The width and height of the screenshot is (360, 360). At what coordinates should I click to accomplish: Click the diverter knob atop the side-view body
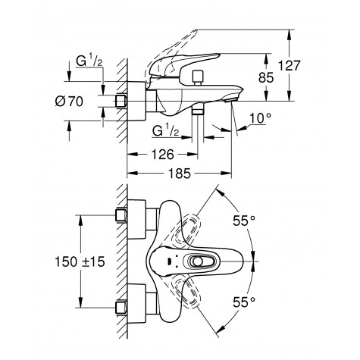[199, 76]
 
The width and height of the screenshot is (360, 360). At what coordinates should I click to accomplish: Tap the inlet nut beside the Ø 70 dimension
[122, 101]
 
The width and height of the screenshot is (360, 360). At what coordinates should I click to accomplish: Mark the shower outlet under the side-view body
[199, 111]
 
